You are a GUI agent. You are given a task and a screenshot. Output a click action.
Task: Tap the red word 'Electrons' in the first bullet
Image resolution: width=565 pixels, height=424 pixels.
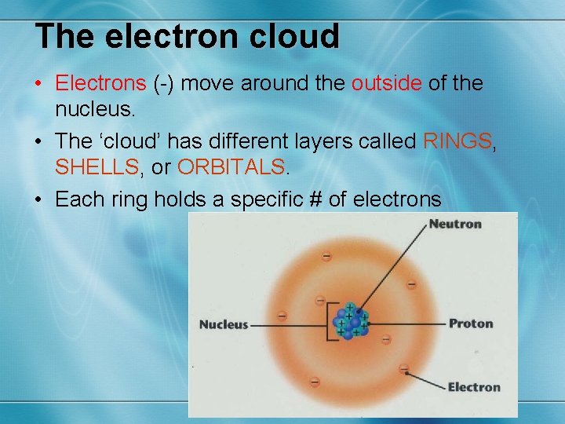point(100,82)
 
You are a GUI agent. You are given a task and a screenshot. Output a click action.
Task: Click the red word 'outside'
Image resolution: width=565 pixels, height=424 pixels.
point(385,82)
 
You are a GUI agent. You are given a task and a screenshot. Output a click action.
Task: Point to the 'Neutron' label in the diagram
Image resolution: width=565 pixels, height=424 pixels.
point(455,224)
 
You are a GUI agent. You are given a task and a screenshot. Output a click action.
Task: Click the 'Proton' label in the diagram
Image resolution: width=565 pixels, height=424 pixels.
point(471,323)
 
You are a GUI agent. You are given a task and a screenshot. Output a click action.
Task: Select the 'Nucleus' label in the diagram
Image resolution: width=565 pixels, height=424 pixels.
point(224,324)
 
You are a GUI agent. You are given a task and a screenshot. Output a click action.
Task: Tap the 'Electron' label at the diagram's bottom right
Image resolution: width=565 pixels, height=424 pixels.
point(473,386)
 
